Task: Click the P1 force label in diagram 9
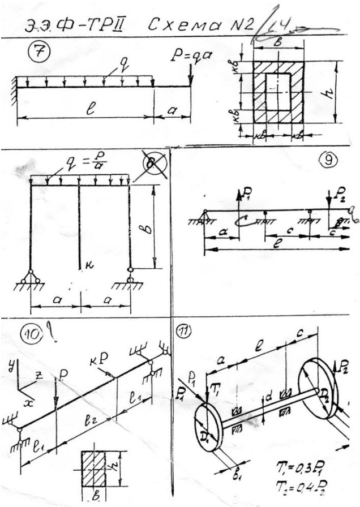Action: [247, 195]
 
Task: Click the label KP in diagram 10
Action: [104, 359]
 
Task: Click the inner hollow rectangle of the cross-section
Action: [276, 91]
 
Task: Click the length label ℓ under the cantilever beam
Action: [86, 110]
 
